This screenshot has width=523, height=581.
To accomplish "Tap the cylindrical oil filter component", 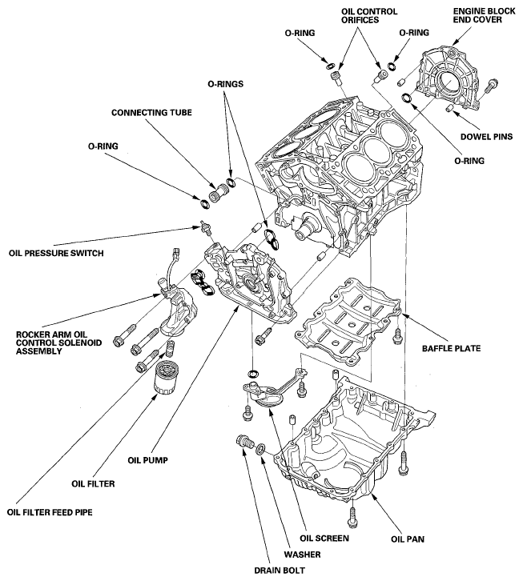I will [167, 379].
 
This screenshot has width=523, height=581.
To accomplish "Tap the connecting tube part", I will [215, 193].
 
